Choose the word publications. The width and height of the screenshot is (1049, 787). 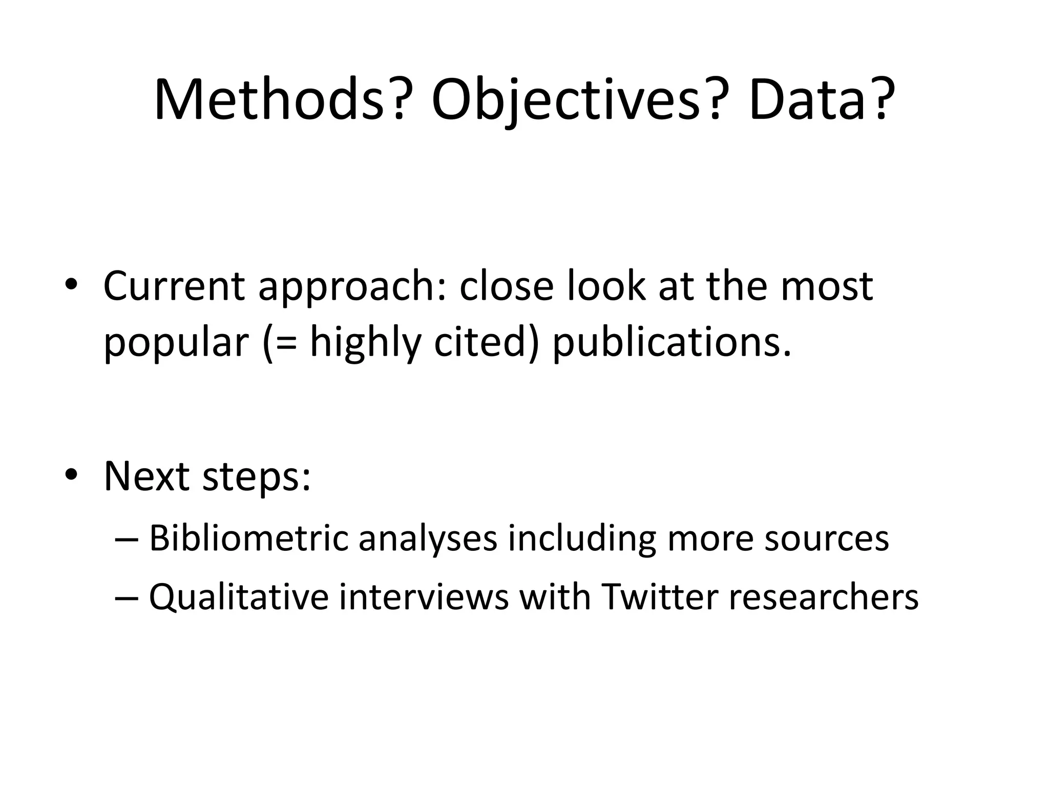click(x=672, y=343)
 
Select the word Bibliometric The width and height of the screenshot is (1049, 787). click(x=249, y=539)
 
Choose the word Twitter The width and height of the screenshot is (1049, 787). click(x=660, y=597)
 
